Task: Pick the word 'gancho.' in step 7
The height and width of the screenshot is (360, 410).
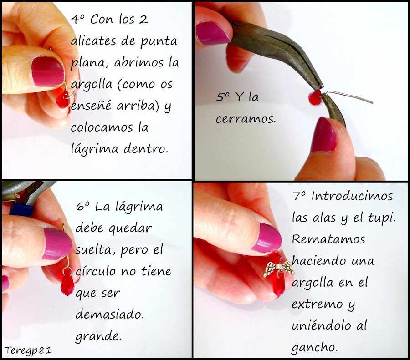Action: pyautogui.click(x=315, y=346)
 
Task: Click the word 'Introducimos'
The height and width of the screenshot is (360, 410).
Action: pyautogui.click(x=352, y=197)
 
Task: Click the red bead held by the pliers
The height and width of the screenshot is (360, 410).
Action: pyautogui.click(x=313, y=96)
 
